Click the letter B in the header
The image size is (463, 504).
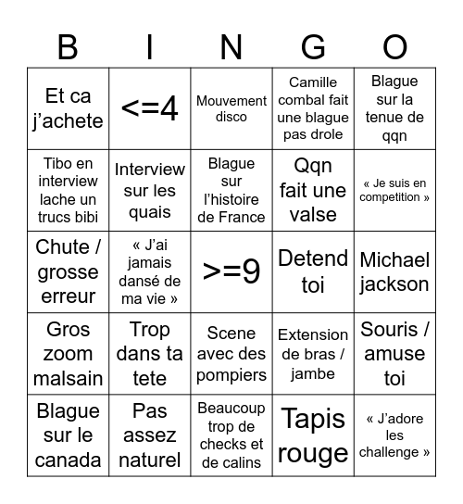(68, 46)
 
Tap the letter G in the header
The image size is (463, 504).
(313, 46)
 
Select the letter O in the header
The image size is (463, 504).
(394, 46)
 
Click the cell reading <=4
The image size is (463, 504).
(150, 108)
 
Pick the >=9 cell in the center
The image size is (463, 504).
(231, 272)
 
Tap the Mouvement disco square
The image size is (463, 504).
(231, 108)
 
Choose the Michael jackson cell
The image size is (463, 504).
(394, 272)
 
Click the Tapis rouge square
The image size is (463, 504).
(313, 435)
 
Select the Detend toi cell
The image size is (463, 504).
(313, 272)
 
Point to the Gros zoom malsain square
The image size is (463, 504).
(68, 354)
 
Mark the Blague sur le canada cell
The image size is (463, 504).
(68, 435)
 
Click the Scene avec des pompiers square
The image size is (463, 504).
(231, 354)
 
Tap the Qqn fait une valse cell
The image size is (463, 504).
(313, 190)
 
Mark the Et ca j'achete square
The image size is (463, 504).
(68, 108)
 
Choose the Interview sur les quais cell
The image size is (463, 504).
(150, 190)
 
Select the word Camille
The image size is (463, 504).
(313, 82)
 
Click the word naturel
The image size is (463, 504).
(150, 460)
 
